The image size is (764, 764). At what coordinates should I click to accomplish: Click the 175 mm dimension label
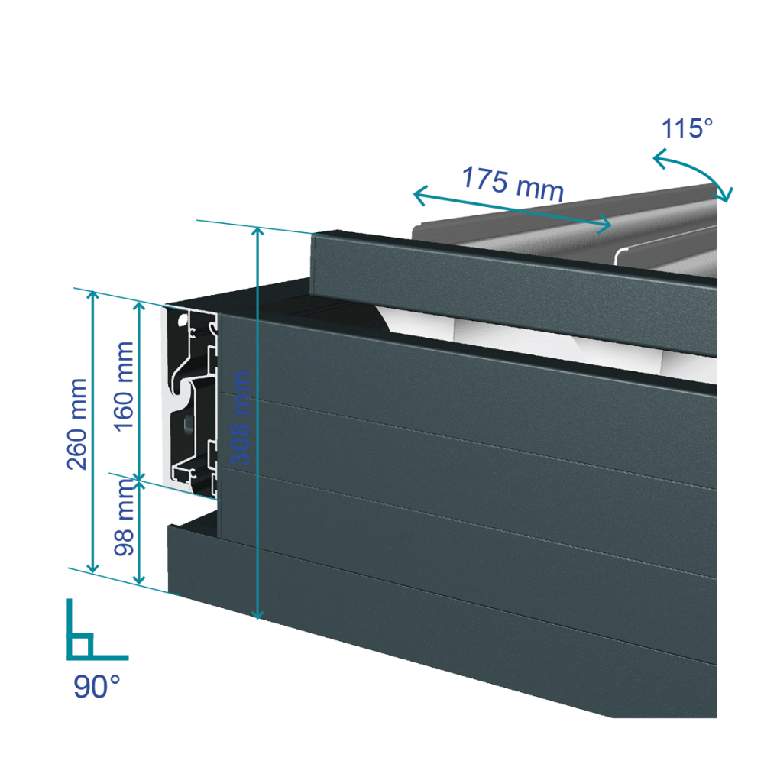[x=513, y=183]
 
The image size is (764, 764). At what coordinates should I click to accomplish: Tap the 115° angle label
[x=687, y=128]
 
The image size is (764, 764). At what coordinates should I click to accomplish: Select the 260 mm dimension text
[x=77, y=424]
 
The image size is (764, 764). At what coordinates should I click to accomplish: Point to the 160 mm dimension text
[x=123, y=387]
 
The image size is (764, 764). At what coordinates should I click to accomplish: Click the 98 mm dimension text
[x=123, y=517]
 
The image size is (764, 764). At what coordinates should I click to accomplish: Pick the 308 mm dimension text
[x=240, y=418]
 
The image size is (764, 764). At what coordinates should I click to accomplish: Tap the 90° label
[x=96, y=686]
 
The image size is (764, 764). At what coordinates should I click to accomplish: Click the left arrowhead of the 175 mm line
[x=418, y=195]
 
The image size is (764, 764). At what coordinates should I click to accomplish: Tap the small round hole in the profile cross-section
[x=188, y=422]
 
